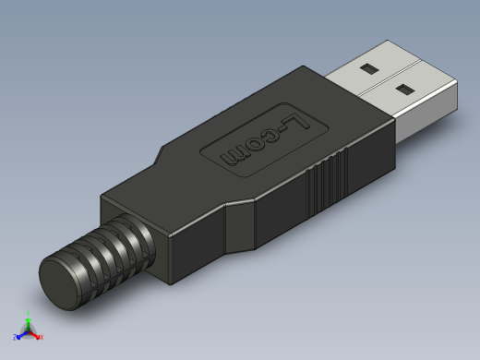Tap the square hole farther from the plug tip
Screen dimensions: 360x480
pyautogui.click(x=367, y=69)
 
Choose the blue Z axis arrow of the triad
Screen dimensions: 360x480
pyautogui.click(x=21, y=335)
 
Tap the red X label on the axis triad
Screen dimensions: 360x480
pyautogui.click(x=42, y=338)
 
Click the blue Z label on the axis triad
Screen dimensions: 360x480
pyautogui.click(x=15, y=338)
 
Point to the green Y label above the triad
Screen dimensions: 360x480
pyautogui.click(x=29, y=313)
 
